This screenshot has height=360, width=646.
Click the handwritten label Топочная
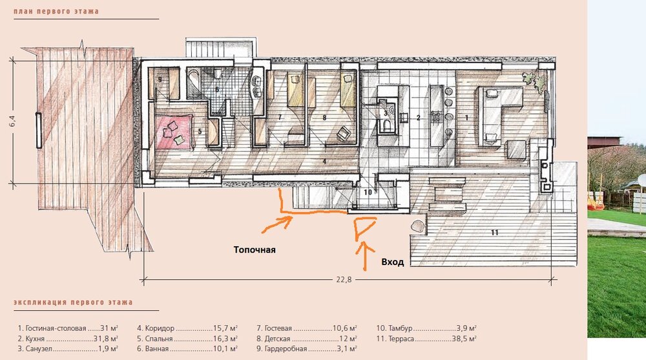pyautogui.click(x=254, y=250)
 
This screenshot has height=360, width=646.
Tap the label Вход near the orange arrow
pyautogui.click(x=392, y=262)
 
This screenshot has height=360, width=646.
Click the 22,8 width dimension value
pyautogui.click(x=344, y=279)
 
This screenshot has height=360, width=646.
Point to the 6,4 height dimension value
pyautogui.click(x=12, y=122)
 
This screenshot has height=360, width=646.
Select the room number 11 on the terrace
pyautogui.click(x=494, y=233)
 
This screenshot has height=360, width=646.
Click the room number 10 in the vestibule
pyautogui.click(x=368, y=192)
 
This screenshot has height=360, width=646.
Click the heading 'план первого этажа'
pyautogui.click(x=56, y=11)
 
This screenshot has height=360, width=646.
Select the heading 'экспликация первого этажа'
pyautogui.click(x=74, y=302)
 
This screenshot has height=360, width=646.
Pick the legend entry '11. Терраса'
pyautogui.click(x=395, y=339)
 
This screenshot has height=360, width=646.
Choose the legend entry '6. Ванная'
pyautogui.click(x=153, y=349)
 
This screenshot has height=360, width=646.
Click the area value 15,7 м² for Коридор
pyautogui.click(x=225, y=328)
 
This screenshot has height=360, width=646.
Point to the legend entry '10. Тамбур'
pyautogui.click(x=394, y=328)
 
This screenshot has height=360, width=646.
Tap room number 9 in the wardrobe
pyautogui.click(x=160, y=79)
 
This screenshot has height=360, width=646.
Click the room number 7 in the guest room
pyautogui.click(x=280, y=118)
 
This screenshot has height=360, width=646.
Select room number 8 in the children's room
pyautogui.click(x=325, y=118)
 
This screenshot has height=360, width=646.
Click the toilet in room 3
pyautogui.click(x=388, y=126)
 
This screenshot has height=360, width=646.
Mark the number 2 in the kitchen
pyautogui.click(x=418, y=118)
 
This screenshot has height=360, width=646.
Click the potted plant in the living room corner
pyautogui.click(x=534, y=80)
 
